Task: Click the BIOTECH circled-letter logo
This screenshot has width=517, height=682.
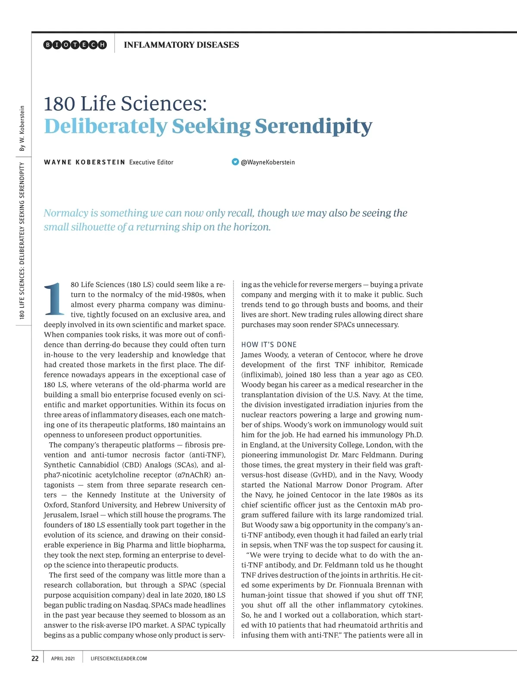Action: pos(75,45)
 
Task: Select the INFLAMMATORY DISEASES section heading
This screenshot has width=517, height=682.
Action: pos(181,45)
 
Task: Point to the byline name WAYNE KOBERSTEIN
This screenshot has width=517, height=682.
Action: pos(84,162)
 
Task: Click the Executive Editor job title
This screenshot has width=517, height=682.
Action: pos(151,162)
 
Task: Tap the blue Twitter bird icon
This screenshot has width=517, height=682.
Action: pos(235,162)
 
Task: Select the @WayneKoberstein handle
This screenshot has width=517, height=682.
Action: pos(268,162)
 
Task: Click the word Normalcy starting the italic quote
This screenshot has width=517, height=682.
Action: pos(65,213)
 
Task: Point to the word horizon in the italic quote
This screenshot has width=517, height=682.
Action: pos(252,227)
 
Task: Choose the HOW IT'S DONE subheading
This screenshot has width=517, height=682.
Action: pos(269,344)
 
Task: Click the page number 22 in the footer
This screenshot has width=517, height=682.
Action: pos(35,658)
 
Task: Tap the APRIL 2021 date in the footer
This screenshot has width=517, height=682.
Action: pos(63,658)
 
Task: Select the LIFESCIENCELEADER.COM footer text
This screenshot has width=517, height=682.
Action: pos(119,658)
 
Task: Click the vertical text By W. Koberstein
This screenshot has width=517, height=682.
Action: pos(22,128)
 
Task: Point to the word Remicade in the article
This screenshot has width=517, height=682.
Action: pos(406,365)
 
